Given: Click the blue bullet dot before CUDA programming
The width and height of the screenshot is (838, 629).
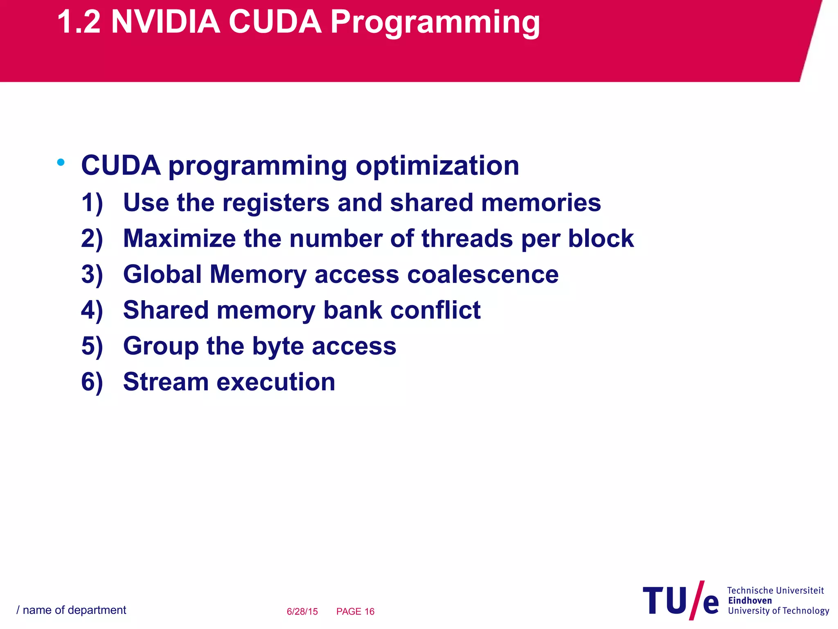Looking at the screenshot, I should click(x=61, y=163).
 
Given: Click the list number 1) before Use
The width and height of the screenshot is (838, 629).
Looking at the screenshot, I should click(x=92, y=203).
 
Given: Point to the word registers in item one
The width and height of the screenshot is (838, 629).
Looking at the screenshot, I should click(x=275, y=203).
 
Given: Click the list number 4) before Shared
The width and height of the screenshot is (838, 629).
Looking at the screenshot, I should click(x=92, y=310).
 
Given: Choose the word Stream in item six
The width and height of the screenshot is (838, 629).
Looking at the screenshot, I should click(x=165, y=382).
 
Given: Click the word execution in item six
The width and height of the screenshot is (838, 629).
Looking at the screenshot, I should click(x=275, y=382).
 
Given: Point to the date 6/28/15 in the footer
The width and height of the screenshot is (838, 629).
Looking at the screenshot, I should click(x=302, y=611).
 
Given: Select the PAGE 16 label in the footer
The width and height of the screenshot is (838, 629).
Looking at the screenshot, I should click(x=355, y=611).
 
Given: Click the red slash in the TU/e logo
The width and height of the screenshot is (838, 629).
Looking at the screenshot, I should click(x=697, y=600).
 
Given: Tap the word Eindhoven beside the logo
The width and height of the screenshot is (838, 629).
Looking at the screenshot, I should click(x=750, y=601).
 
